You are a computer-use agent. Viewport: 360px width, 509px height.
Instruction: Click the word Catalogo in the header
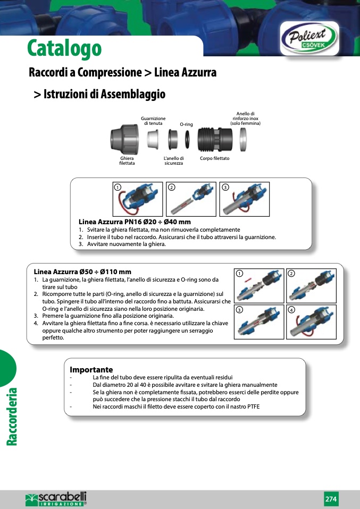(64, 48)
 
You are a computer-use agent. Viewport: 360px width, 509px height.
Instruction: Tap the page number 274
(331, 499)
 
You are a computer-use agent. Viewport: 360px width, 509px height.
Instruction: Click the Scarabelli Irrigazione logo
(56, 499)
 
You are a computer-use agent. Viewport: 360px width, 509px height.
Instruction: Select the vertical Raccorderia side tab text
(12, 417)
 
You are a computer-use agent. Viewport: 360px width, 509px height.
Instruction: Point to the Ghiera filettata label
(127, 161)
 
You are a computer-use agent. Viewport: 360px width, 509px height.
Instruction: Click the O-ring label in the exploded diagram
(186, 124)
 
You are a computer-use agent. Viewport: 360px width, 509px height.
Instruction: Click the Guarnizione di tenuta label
(153, 121)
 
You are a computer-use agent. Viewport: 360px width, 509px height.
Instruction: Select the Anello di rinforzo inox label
(246, 118)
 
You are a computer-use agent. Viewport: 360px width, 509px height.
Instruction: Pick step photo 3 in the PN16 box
(245, 199)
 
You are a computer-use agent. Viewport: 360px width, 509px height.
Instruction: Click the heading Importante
(91, 369)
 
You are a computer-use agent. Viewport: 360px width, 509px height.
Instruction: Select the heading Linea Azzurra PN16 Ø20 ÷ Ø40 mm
(135, 222)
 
